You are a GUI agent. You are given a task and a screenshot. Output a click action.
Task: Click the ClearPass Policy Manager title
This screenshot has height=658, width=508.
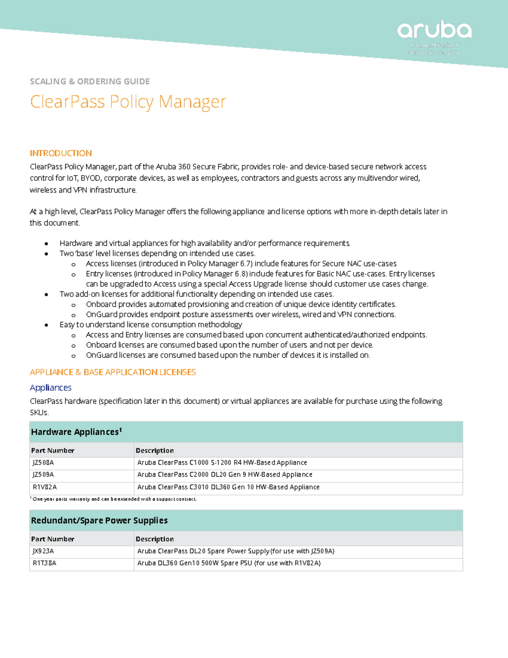point(128,102)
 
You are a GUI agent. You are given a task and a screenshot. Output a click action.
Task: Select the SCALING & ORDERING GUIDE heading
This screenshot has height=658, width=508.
point(90,81)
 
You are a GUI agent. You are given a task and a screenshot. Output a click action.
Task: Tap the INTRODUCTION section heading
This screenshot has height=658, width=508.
point(61,153)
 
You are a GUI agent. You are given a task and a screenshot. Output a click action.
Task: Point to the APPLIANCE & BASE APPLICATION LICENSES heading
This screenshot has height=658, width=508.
point(113,372)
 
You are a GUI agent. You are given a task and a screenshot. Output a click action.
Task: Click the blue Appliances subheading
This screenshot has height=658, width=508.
point(50,388)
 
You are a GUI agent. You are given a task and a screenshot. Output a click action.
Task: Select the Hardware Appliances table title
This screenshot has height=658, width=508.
point(76,432)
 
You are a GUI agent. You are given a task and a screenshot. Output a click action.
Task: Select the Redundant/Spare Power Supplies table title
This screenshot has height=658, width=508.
point(99,521)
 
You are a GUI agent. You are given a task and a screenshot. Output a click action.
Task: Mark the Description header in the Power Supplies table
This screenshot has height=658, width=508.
point(155,539)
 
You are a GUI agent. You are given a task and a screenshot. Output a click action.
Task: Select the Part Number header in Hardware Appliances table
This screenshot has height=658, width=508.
point(52,450)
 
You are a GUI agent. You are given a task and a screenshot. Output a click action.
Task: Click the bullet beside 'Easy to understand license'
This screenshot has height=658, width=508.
point(46,325)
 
